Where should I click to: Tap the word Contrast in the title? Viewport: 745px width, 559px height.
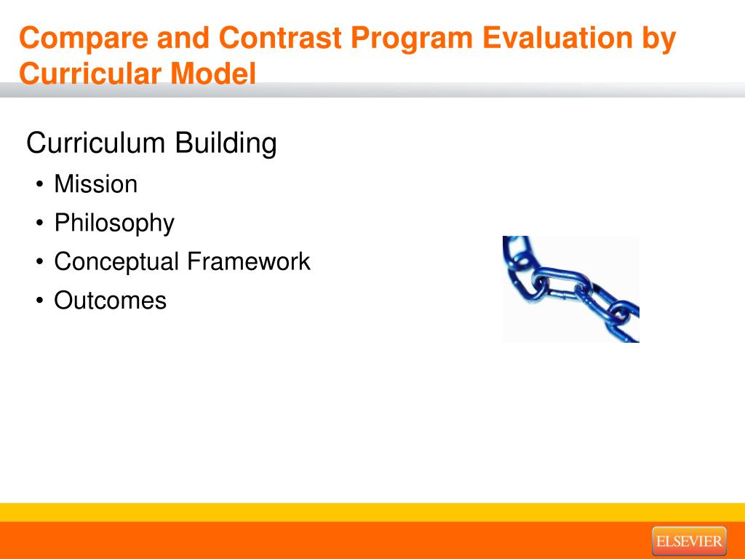click(280, 38)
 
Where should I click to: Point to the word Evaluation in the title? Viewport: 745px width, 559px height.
click(557, 38)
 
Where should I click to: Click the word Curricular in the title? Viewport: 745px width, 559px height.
click(89, 74)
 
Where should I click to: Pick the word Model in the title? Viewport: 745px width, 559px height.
click(213, 74)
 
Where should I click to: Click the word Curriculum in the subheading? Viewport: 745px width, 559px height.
click(95, 143)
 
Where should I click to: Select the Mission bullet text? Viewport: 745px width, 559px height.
click(95, 184)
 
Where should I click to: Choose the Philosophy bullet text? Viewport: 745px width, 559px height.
click(114, 223)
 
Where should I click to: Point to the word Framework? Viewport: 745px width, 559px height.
click(249, 261)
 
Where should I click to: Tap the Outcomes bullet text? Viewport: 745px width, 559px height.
click(111, 301)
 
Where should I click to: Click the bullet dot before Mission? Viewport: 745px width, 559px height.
click(39, 184)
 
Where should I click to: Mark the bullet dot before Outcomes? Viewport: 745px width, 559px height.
click(39, 301)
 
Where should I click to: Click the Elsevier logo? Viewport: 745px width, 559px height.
click(689, 541)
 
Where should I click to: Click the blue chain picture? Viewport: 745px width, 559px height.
click(570, 289)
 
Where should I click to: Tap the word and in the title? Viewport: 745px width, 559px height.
click(183, 38)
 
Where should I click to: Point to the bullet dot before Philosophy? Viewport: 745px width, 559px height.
click(39, 223)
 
